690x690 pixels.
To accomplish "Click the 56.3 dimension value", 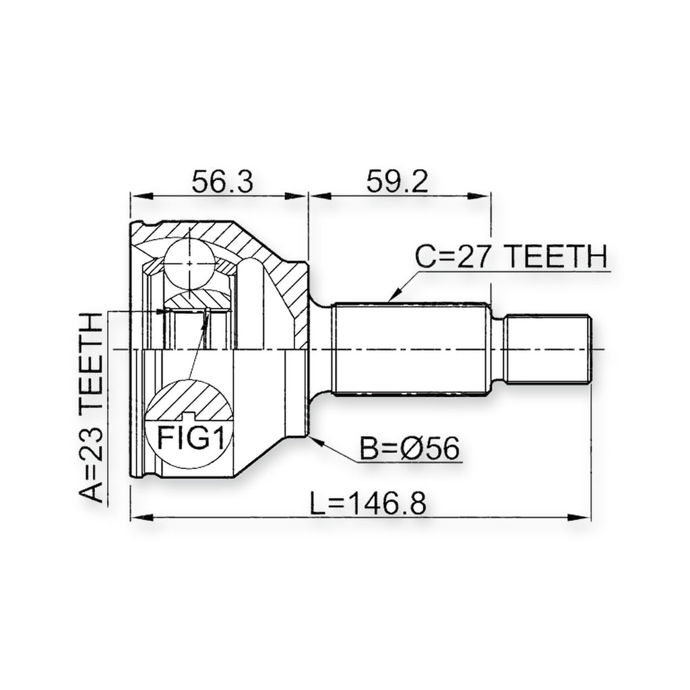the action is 222,182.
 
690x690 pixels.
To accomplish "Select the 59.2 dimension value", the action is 398,182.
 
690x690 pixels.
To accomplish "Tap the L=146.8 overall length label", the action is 368,504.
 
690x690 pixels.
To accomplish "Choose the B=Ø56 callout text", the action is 410,448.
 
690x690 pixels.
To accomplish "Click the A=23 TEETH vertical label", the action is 91,408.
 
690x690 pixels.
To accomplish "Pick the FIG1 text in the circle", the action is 191,439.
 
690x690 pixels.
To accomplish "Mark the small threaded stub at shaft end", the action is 548,349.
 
